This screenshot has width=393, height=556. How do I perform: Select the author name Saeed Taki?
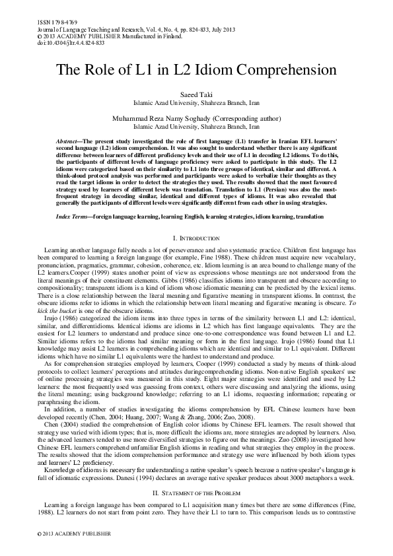196,96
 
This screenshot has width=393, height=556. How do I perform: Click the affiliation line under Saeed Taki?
196,104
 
